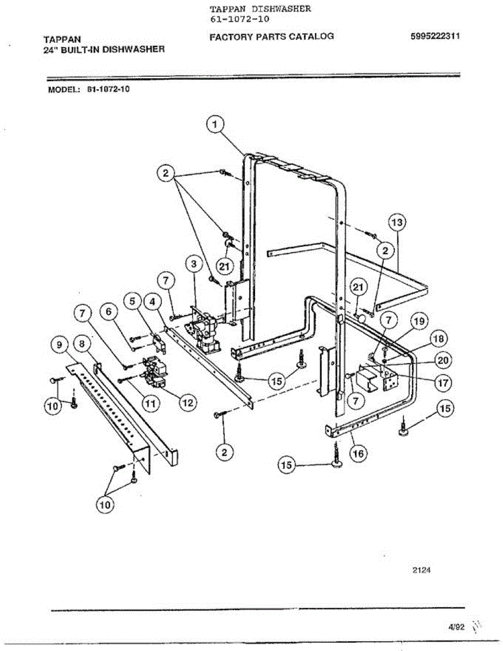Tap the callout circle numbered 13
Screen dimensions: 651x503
point(397,222)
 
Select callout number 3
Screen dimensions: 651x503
point(192,264)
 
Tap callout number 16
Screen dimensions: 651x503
point(356,453)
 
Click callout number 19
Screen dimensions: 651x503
point(418,321)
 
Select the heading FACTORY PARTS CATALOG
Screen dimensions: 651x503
point(271,37)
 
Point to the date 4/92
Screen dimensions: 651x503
point(456,627)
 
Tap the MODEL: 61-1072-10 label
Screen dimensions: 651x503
point(89,90)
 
